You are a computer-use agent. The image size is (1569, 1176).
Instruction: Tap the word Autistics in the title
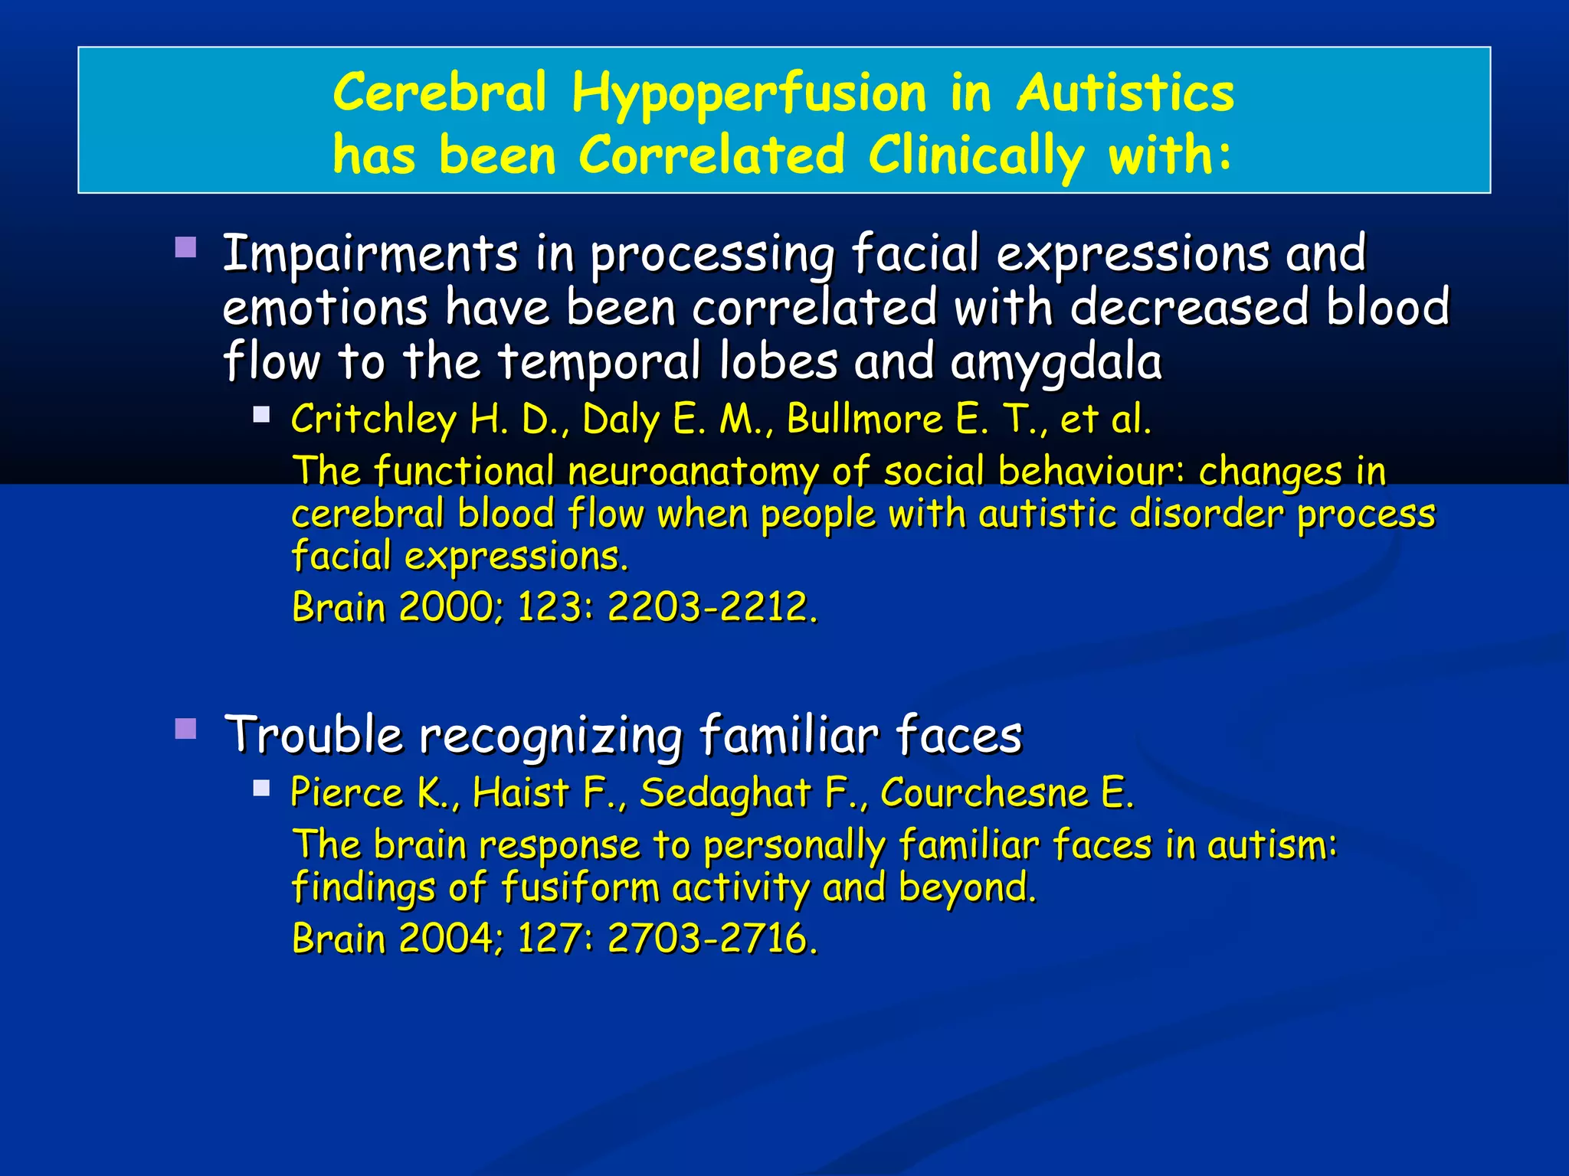point(1125,93)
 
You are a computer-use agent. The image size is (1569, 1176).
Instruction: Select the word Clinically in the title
point(975,156)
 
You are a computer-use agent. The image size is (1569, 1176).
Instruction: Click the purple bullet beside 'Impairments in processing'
point(185,247)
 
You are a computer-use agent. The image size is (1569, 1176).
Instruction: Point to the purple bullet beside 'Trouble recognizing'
point(185,728)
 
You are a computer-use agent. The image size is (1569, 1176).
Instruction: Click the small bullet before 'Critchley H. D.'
point(262,415)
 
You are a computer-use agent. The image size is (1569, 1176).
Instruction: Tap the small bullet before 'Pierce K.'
point(262,789)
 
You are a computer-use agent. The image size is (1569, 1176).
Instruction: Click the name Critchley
point(373,420)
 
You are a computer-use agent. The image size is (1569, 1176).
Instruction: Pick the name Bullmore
point(865,420)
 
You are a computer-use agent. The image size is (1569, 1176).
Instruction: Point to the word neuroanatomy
point(693,472)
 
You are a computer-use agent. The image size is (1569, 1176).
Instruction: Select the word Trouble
point(313,735)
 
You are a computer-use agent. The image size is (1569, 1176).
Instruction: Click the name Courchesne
point(984,793)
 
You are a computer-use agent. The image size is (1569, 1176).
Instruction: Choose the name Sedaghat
point(725,793)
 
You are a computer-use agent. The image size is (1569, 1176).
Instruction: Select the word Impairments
point(370,254)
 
